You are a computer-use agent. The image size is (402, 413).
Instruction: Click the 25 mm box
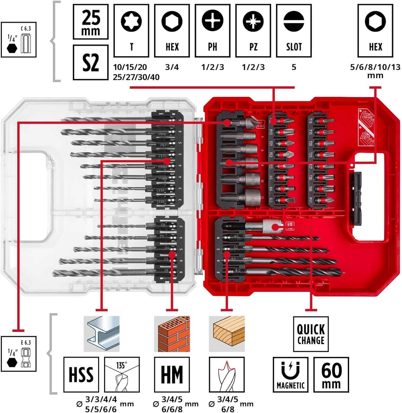click(x=91, y=22)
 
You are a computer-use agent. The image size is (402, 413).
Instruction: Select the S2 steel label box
click(x=91, y=63)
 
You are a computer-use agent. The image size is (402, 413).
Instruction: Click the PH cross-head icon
click(x=213, y=21)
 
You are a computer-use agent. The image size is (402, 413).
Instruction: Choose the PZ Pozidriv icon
click(x=253, y=21)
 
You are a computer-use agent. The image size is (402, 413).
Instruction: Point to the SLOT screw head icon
click(x=294, y=21)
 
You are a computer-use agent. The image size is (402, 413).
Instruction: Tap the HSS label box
click(x=81, y=374)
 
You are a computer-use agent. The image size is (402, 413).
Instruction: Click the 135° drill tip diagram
click(x=122, y=374)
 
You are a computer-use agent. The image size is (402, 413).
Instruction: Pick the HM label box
click(x=172, y=374)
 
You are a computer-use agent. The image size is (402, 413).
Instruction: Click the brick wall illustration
click(x=172, y=334)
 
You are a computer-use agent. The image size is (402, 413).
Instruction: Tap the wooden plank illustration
click(x=227, y=334)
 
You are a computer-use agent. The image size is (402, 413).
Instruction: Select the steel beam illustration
click(x=102, y=334)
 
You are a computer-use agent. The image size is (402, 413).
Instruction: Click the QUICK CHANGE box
click(x=311, y=334)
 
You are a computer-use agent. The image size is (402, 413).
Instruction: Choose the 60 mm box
click(x=331, y=374)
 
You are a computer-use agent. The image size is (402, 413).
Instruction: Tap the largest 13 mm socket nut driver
click(x=249, y=196)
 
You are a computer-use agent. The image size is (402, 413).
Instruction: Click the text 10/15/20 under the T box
click(x=130, y=67)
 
